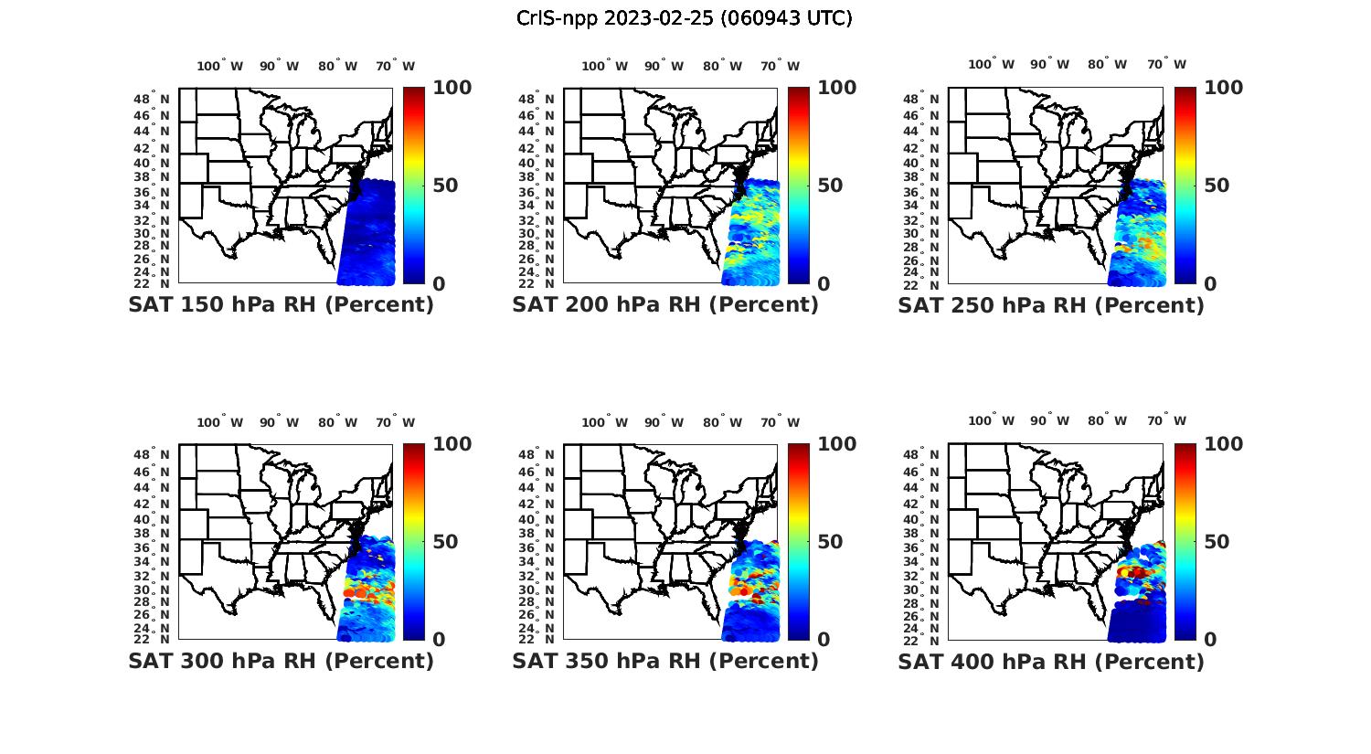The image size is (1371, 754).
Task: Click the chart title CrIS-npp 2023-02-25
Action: [684, 18]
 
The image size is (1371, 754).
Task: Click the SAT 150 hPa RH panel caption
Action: [282, 305]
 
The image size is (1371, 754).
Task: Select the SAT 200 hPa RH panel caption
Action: [665, 305]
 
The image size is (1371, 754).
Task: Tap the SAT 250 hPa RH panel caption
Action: [1051, 305]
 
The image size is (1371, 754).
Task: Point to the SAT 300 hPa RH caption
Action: [282, 661]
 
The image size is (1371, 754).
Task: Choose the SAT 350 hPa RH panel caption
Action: [665, 661]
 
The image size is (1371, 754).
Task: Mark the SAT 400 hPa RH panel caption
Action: [1051, 661]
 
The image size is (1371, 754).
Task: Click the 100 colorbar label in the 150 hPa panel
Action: [452, 88]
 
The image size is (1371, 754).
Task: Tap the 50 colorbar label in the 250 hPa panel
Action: [1215, 186]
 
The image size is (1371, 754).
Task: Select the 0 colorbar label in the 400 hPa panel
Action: [1210, 640]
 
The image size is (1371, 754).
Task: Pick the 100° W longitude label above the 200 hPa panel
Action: [604, 66]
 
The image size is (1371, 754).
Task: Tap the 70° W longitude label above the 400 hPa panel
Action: [1166, 421]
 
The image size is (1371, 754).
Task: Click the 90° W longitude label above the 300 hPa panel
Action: [279, 422]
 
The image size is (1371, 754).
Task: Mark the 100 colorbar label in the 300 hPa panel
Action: [452, 444]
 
